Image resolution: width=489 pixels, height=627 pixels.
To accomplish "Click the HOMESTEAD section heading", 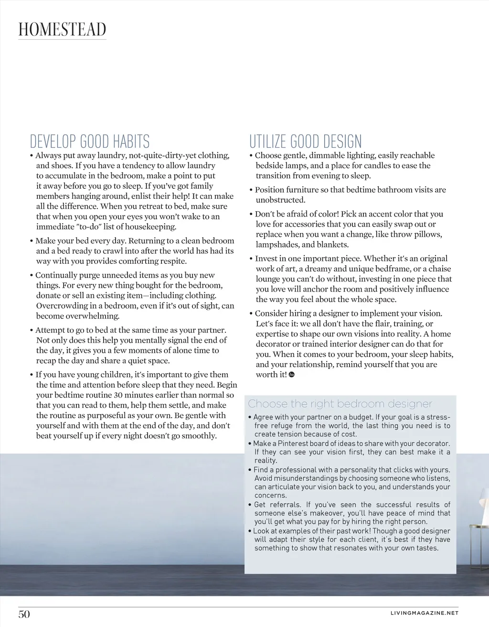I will [62, 30].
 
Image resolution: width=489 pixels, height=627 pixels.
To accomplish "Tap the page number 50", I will [24, 614].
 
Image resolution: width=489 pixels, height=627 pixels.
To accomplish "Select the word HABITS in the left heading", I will [131, 141].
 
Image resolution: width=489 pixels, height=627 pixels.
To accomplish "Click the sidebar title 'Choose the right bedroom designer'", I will [340, 404].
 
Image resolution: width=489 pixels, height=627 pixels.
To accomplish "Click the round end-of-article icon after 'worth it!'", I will [292, 375].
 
